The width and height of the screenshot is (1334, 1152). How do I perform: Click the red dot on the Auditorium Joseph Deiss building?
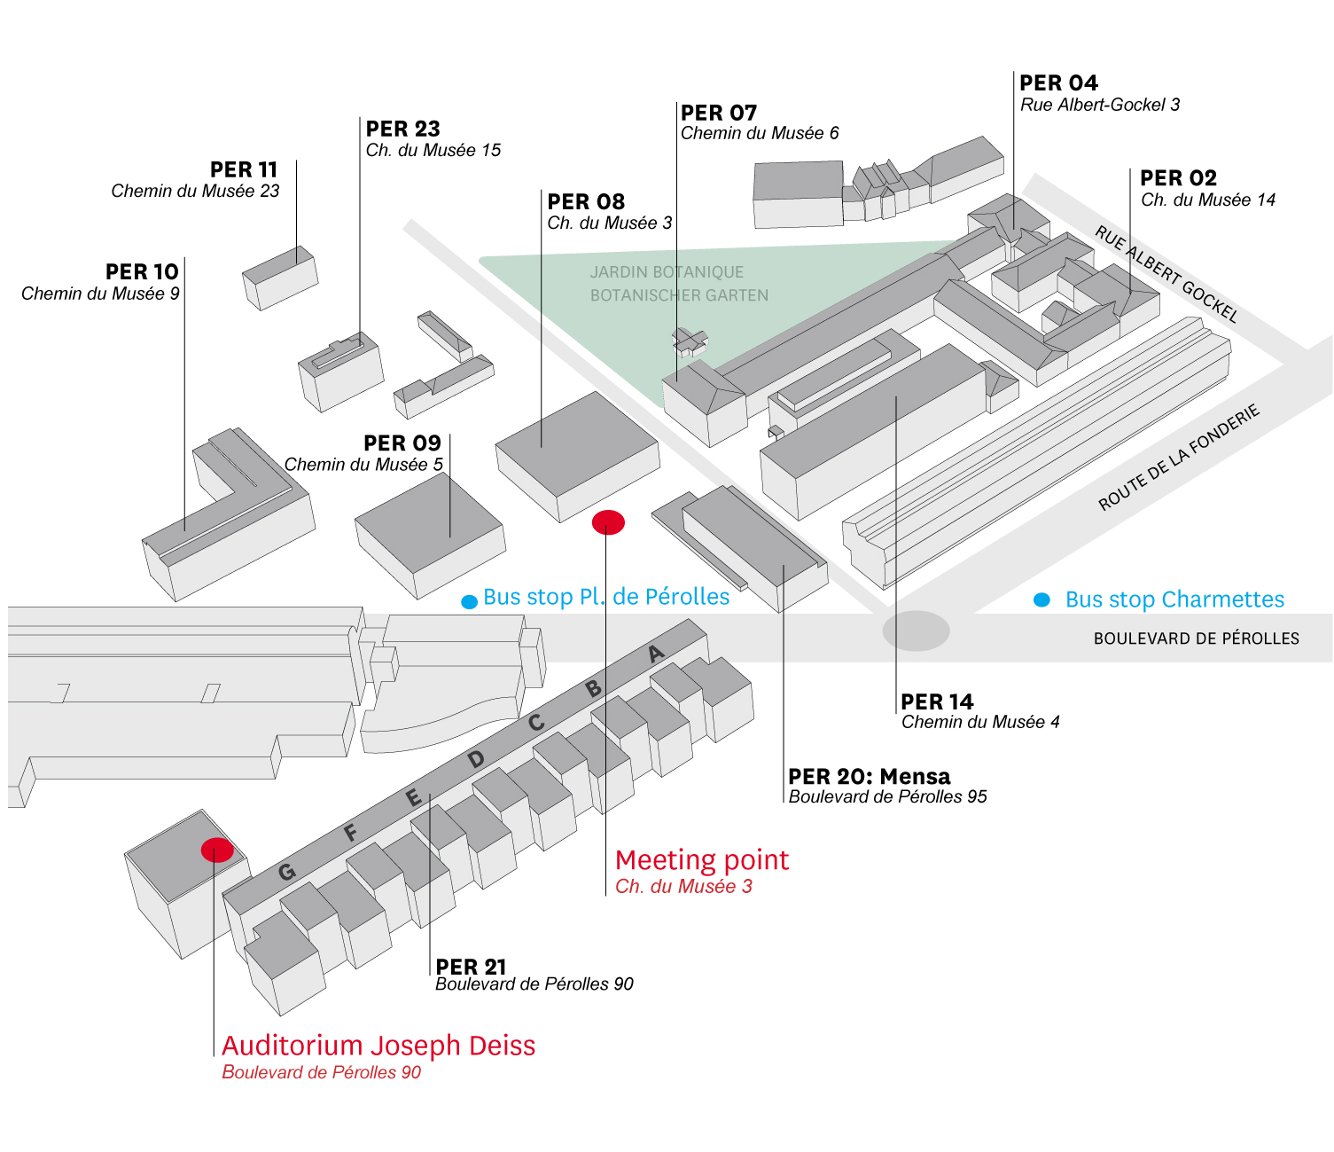pos(217,850)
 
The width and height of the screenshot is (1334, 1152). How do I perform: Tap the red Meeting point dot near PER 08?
pos(608,522)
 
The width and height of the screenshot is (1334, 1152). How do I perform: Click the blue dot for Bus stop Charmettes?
pos(1042,600)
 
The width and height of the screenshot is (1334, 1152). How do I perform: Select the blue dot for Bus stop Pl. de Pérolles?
pos(470,602)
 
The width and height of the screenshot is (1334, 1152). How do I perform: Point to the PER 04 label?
pos(1058,83)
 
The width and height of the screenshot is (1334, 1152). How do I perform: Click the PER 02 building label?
pos(1178,178)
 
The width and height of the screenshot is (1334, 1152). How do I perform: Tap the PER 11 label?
pos(244,169)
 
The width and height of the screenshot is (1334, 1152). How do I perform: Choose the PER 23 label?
pos(402,129)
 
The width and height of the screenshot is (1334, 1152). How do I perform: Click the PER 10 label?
pos(142,271)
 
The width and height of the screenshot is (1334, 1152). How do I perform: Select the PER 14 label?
pos(937,702)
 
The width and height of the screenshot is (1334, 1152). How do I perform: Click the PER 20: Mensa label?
pos(869,777)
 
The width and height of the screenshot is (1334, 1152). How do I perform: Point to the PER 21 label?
pos(471,967)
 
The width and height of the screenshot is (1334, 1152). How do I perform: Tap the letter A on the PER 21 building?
pos(656,654)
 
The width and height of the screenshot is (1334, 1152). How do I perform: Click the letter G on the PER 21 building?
pos(286,872)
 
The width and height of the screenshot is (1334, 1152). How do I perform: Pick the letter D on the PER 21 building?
pos(476,759)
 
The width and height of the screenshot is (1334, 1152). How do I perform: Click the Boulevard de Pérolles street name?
pos(1196,639)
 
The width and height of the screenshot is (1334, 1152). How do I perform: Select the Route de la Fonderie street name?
pos(1178,458)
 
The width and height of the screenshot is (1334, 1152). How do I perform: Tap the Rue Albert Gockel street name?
pos(1166,274)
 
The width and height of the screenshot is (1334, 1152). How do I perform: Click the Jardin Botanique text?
pos(667,272)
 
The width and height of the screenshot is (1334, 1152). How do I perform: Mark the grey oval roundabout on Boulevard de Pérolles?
pos(916,631)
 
